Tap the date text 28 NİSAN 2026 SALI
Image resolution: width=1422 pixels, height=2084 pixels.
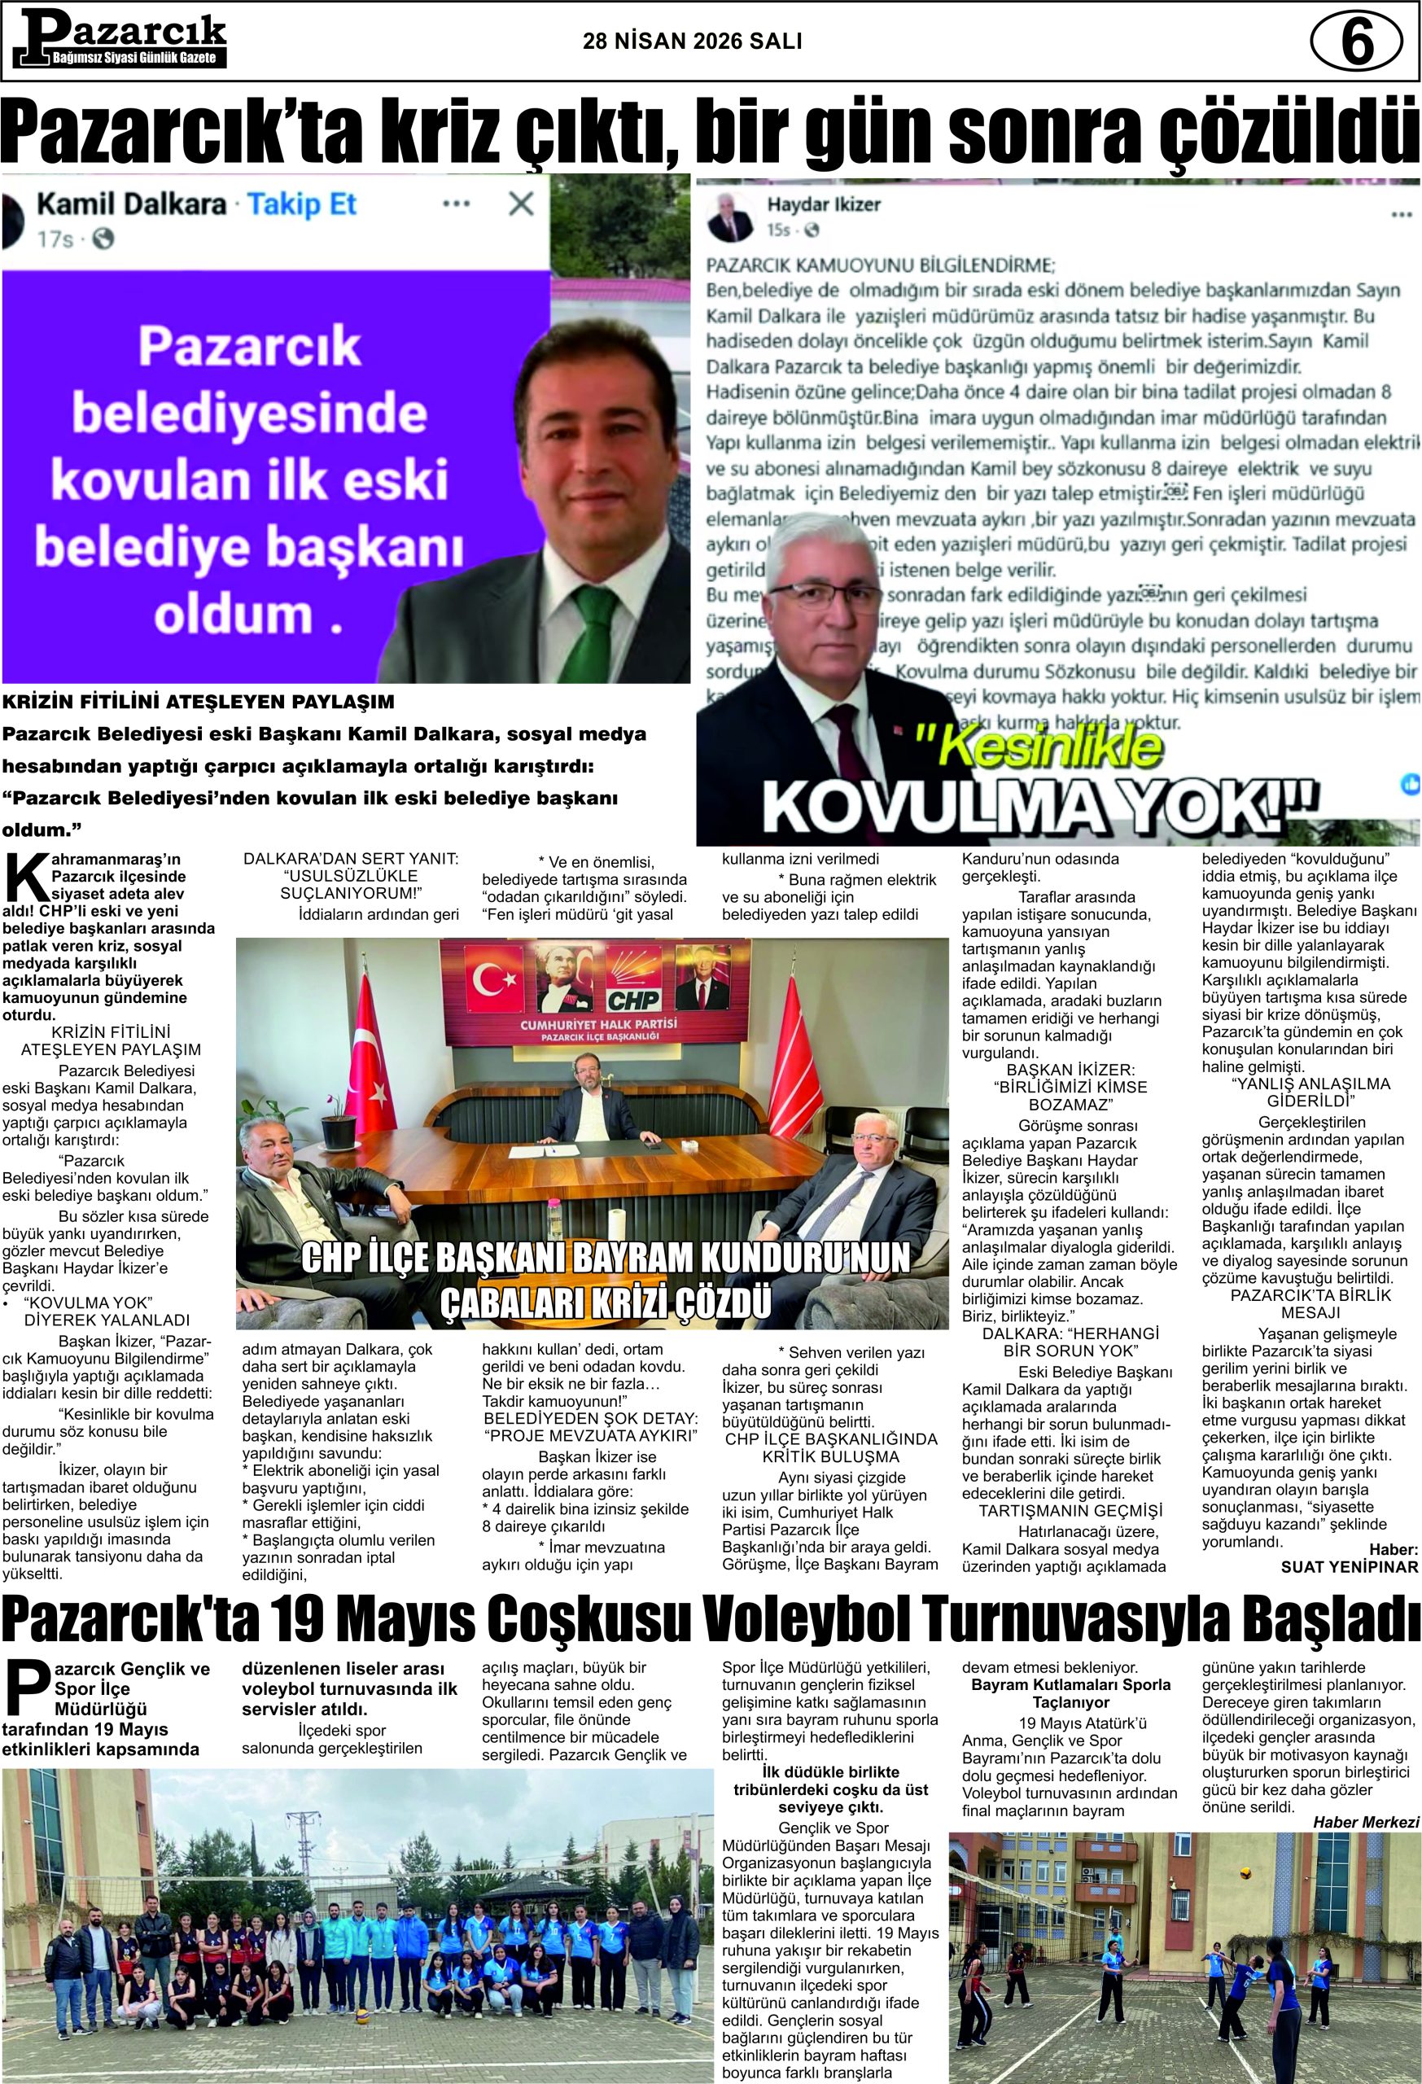point(692,42)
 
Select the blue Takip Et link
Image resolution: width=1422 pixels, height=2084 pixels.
point(302,204)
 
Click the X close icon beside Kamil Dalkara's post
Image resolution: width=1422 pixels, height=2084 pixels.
point(521,204)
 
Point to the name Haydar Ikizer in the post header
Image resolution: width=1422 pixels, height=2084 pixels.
point(823,204)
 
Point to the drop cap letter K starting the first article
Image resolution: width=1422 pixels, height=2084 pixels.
point(25,879)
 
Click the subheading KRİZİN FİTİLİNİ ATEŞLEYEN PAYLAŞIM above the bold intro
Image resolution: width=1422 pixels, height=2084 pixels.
point(197,701)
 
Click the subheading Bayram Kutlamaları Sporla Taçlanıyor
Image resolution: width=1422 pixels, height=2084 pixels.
point(1070,1693)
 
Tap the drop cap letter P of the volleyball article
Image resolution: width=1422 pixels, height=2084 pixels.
point(27,1687)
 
